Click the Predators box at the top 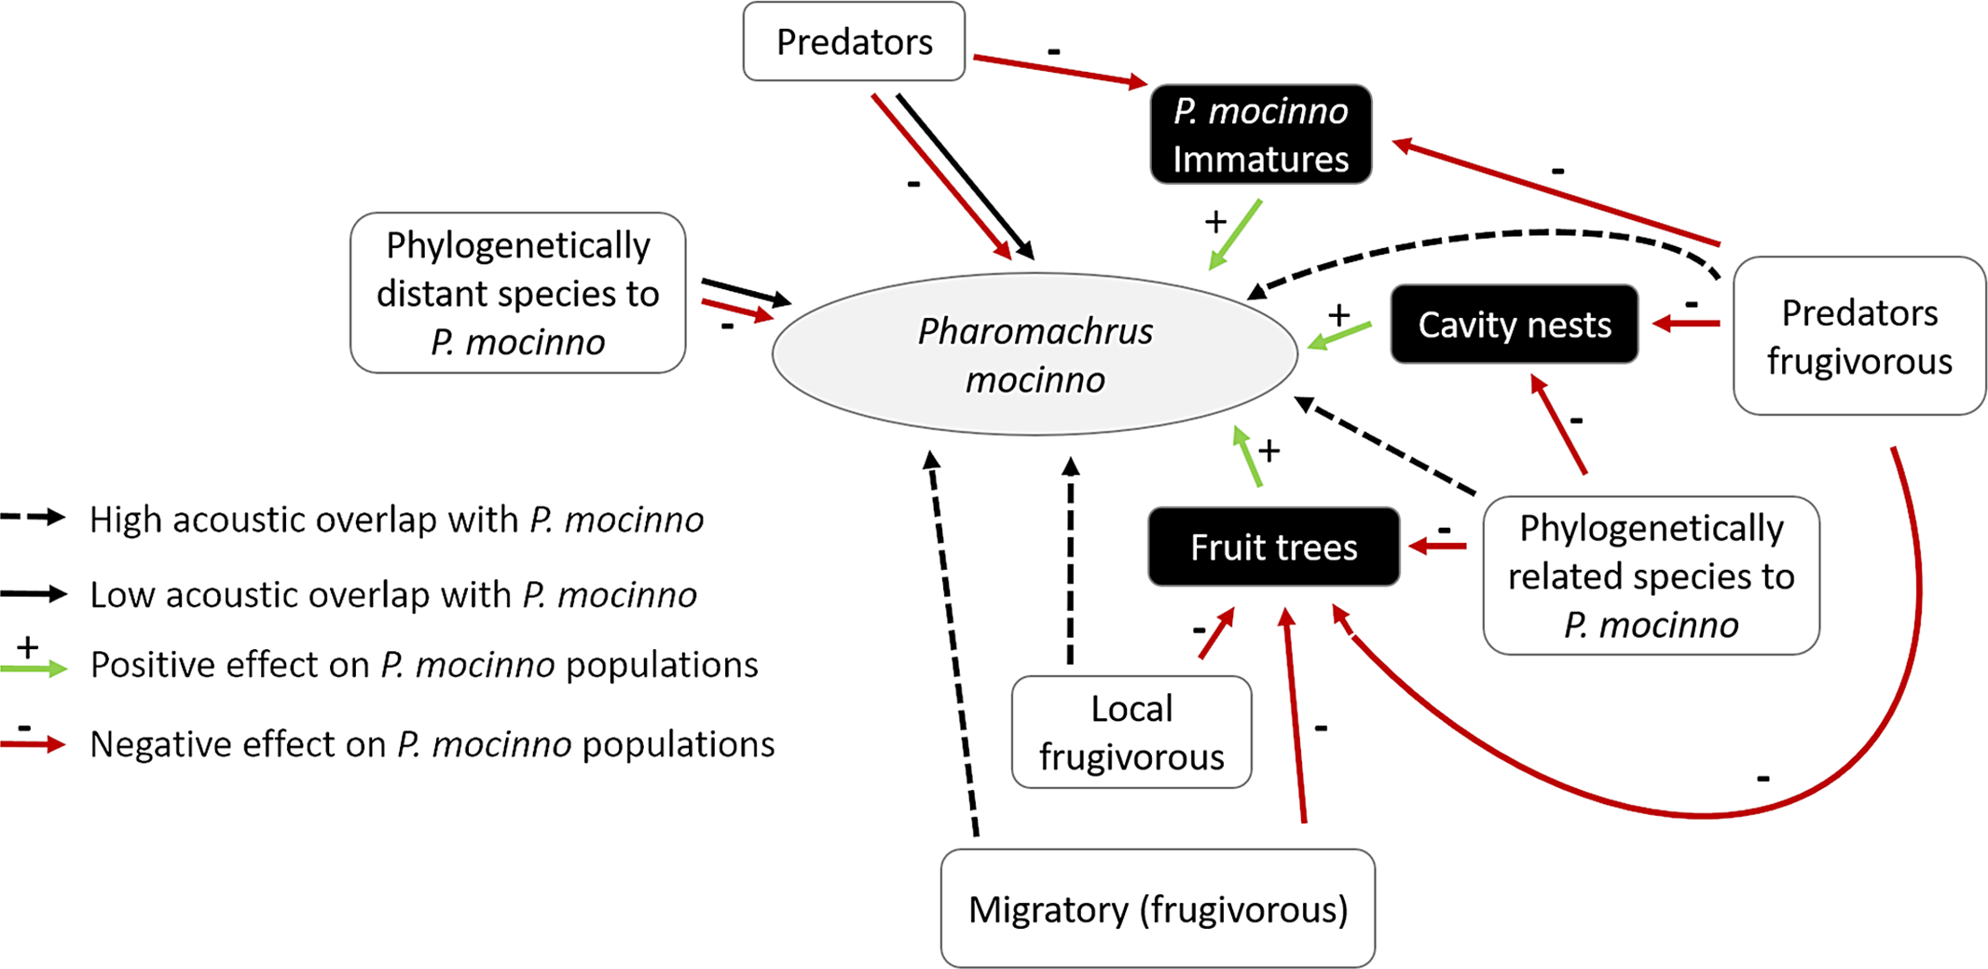(854, 42)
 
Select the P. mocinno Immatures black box (1260, 134)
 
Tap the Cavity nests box (1514, 325)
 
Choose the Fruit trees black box (1273, 547)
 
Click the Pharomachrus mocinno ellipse (1035, 354)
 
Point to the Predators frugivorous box (1858, 337)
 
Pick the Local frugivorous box (1131, 732)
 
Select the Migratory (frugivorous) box (1158, 908)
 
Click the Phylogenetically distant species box (517, 293)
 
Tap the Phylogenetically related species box (1651, 575)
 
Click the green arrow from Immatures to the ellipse (1236, 234)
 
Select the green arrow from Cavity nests (1340, 336)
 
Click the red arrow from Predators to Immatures (1061, 71)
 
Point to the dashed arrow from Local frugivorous (1071, 560)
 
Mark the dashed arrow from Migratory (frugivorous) (953, 644)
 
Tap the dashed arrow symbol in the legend (34, 518)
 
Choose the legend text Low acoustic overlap (392, 595)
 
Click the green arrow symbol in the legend (34, 668)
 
